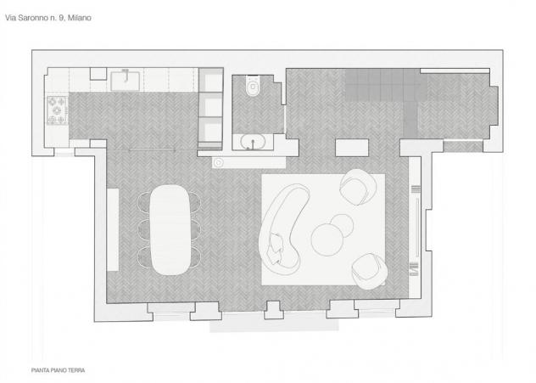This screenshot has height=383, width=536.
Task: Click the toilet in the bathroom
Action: (x=253, y=85)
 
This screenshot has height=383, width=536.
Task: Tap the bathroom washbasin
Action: (x=253, y=142)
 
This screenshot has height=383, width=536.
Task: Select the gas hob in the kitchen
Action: (x=57, y=110)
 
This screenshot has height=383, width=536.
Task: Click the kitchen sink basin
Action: (x=126, y=81)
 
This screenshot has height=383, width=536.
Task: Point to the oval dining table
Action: (x=170, y=229)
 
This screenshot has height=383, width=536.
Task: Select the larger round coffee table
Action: (x=327, y=239)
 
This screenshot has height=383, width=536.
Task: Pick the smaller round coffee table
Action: (x=342, y=225)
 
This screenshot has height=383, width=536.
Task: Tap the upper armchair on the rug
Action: (x=358, y=187)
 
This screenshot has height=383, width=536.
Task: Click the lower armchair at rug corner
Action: (x=369, y=271)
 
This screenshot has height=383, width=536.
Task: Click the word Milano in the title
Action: (x=80, y=18)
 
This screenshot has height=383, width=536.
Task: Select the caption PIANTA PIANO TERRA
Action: (x=59, y=370)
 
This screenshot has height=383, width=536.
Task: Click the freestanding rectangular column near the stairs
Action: (x=352, y=148)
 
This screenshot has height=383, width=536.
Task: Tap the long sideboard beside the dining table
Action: (x=113, y=229)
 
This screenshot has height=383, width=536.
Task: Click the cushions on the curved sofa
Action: (x=276, y=248)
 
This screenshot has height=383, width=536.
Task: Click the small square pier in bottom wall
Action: (x=273, y=310)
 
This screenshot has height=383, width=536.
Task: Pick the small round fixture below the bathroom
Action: (x=219, y=163)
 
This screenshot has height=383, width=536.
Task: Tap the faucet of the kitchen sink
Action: (x=126, y=75)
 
